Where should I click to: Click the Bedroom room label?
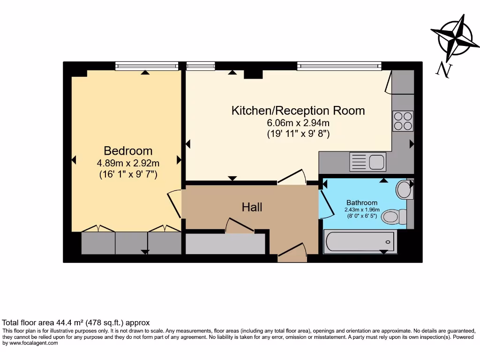point(128,151)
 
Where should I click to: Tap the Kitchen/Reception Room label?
point(298,111)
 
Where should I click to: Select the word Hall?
point(252,207)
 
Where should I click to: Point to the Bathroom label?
point(362,202)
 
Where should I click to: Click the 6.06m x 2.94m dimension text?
point(298,123)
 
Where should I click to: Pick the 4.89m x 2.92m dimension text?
point(128,164)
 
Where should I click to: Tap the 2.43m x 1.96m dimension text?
point(362,210)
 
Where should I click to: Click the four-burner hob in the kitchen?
point(403,120)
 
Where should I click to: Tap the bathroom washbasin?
point(403,190)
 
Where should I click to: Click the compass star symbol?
point(454,38)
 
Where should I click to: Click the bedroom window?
point(147,66)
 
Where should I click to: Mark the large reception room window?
point(338,66)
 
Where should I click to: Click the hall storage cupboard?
point(225,244)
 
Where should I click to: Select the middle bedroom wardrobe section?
point(132,243)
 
